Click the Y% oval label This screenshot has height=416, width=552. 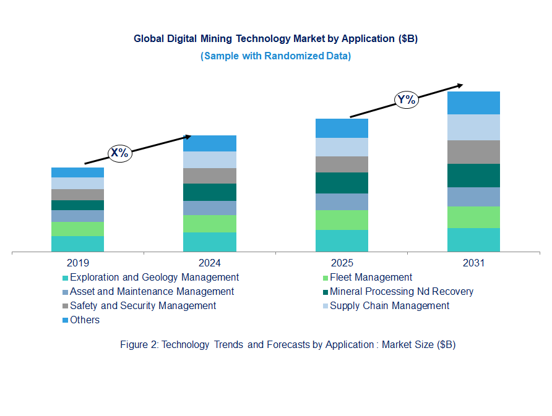(407, 100)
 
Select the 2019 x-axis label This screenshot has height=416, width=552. (77, 263)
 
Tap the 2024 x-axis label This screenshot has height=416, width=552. (209, 263)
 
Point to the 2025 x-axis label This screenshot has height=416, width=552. (342, 263)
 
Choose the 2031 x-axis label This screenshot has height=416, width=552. (473, 263)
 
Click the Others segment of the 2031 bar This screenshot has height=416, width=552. (473, 103)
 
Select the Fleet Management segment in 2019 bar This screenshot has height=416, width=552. (77, 229)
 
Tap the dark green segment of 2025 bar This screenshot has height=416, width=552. (342, 183)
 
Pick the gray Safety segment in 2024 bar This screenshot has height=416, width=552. (209, 176)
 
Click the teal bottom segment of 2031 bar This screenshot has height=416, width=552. (473, 240)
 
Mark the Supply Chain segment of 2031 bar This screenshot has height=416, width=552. (473, 127)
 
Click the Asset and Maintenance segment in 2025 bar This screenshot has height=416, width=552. (342, 202)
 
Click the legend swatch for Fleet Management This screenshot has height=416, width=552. (325, 278)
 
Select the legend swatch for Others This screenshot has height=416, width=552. (65, 321)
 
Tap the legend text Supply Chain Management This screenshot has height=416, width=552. (389, 306)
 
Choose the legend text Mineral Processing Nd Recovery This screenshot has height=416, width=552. (402, 292)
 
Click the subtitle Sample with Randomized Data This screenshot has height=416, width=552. (275, 56)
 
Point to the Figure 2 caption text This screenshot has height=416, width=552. (288, 345)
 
